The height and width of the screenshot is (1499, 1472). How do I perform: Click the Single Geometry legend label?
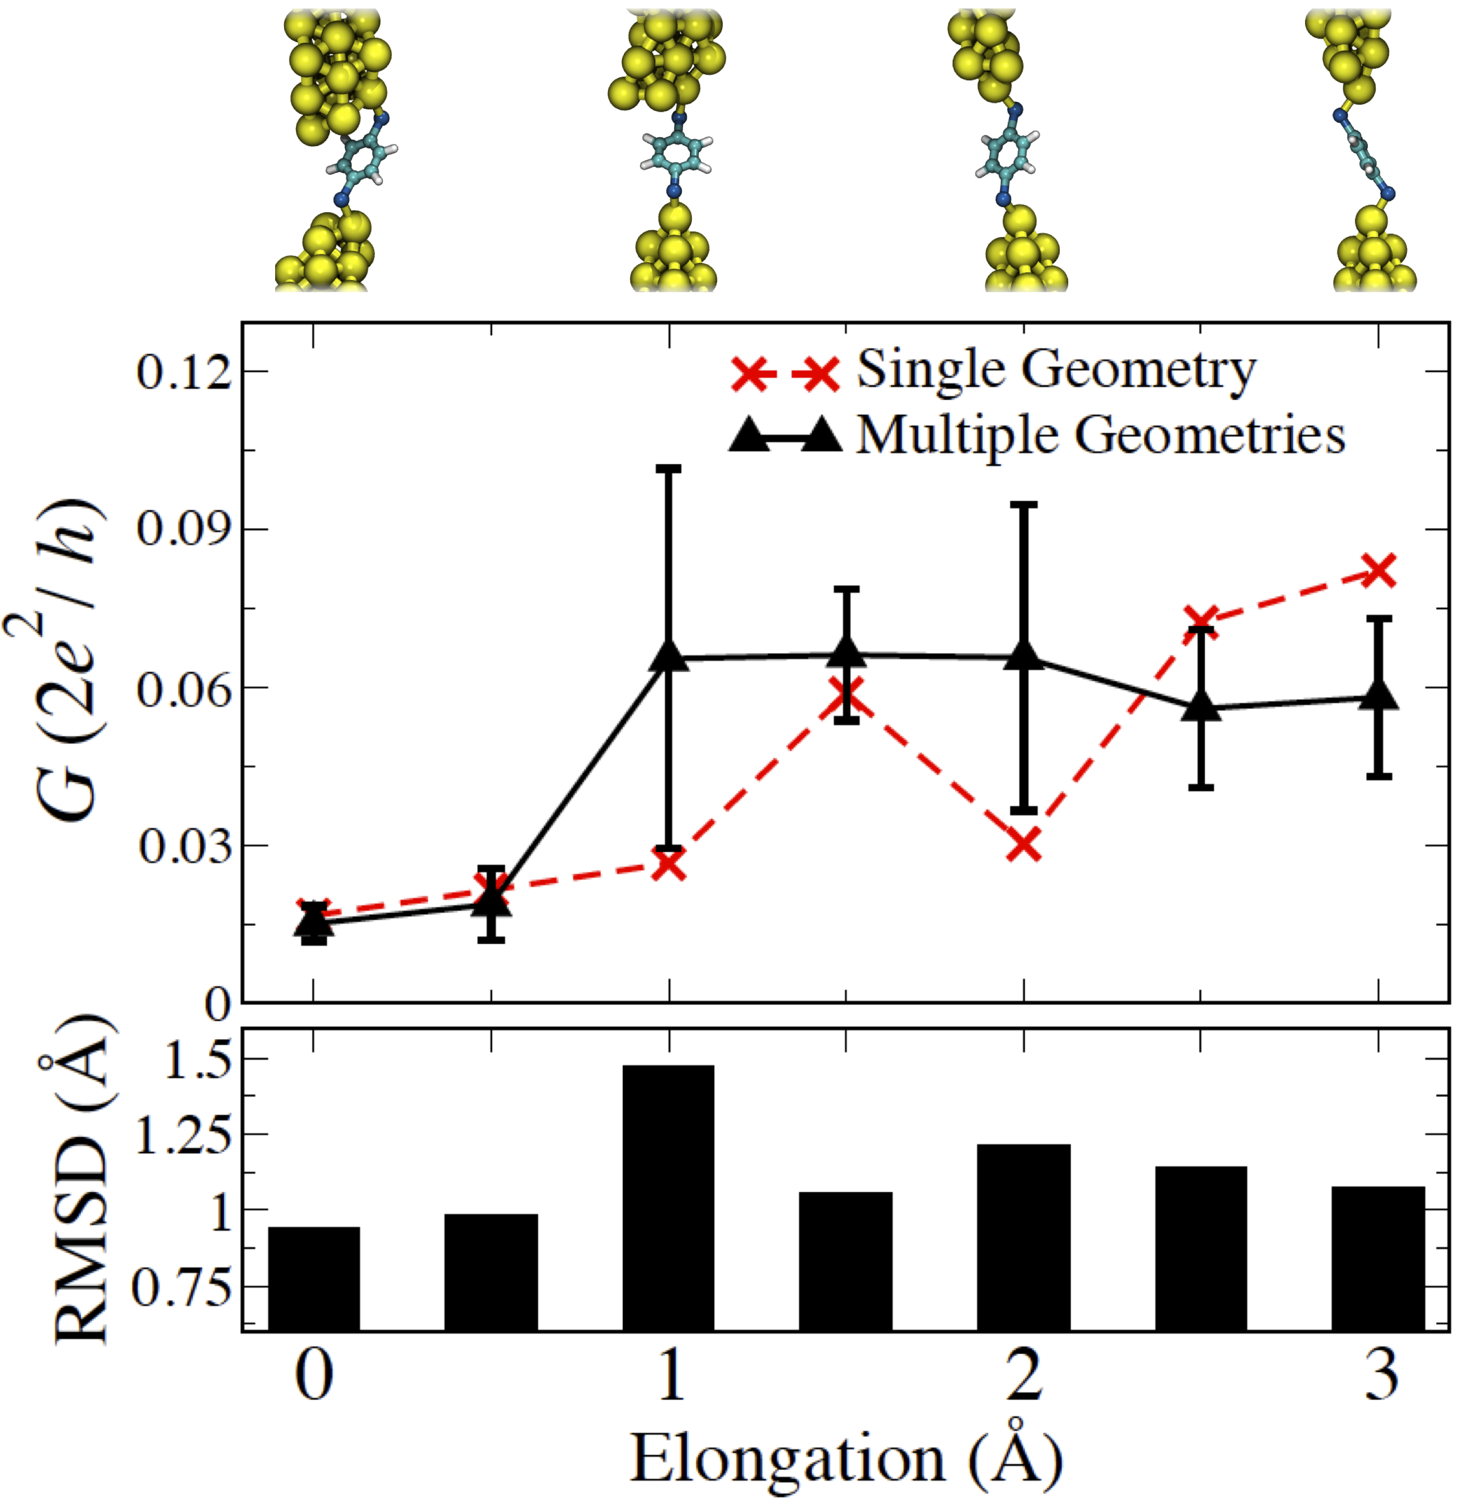(x=1056, y=371)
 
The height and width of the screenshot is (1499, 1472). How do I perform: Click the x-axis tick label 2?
(x=1024, y=1377)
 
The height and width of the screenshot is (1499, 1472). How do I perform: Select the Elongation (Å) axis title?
(x=847, y=1457)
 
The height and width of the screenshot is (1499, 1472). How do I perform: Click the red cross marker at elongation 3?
(x=1379, y=571)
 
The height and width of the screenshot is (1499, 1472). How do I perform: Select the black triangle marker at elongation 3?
(x=1379, y=696)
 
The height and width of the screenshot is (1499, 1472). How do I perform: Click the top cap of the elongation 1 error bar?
(x=669, y=468)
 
